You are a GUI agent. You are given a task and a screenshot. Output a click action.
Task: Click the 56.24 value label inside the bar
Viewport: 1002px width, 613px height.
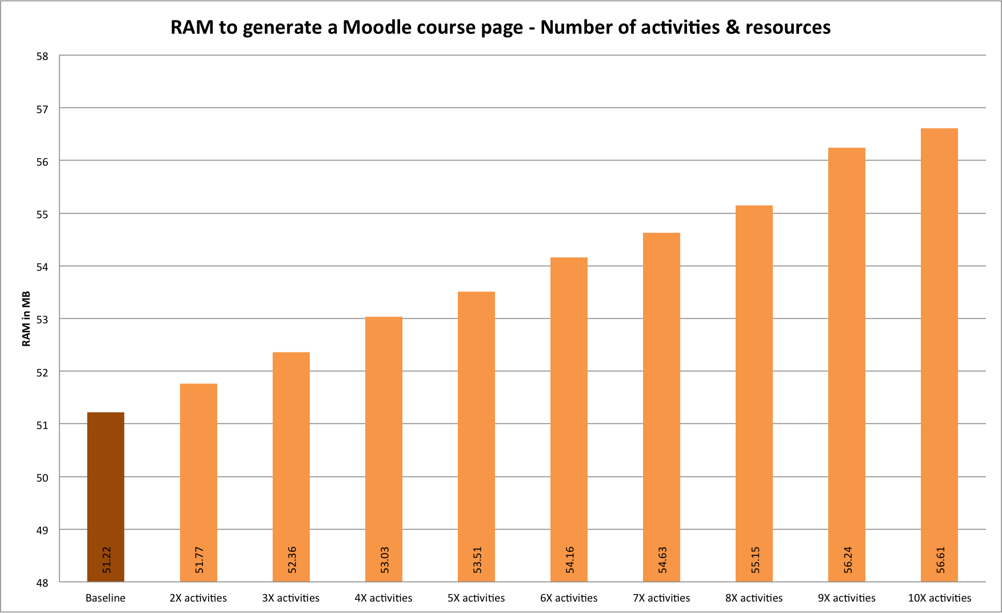click(848, 560)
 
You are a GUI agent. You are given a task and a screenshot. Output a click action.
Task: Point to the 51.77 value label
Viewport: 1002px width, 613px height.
click(199, 560)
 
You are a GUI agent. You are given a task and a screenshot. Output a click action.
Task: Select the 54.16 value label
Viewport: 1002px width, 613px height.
click(569, 560)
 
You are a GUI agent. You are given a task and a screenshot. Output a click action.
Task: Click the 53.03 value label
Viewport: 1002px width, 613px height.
click(384, 560)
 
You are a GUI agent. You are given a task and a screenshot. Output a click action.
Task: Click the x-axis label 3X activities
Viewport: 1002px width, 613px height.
click(290, 598)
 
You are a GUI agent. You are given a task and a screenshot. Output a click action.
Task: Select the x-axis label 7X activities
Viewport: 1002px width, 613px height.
click(661, 598)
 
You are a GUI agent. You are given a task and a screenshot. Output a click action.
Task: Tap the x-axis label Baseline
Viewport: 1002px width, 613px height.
click(105, 598)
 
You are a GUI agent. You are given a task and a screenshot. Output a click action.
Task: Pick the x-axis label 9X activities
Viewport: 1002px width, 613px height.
click(847, 598)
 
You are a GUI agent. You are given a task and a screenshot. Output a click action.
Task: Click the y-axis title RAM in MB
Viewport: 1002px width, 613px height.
click(26, 319)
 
